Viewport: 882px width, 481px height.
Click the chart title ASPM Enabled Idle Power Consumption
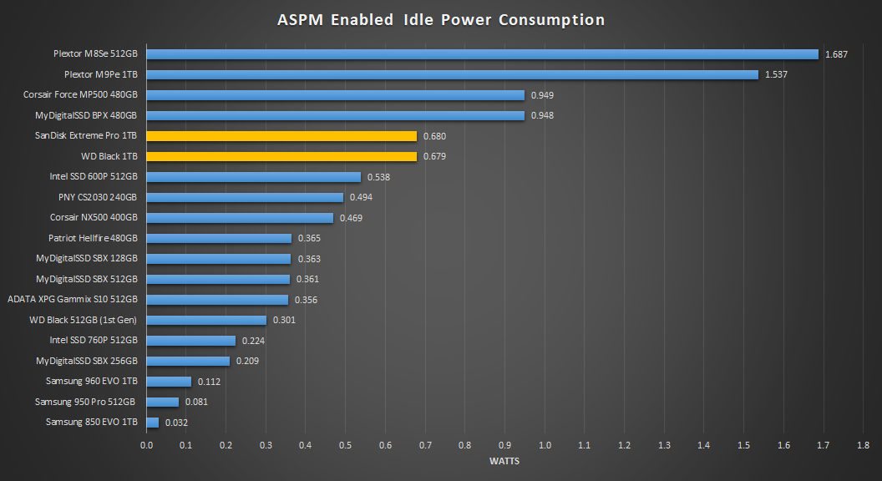click(x=441, y=20)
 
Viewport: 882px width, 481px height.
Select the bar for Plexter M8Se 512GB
click(x=482, y=54)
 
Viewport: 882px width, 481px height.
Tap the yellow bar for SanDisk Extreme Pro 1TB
click(x=281, y=136)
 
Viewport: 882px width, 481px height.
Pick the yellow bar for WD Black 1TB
click(x=281, y=156)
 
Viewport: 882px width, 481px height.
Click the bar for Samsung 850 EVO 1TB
click(x=153, y=423)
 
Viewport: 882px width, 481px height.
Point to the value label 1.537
click(x=776, y=74)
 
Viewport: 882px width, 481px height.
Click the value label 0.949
click(x=542, y=95)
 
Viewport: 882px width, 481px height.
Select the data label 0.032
click(x=176, y=423)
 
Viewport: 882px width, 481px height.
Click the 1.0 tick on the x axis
click(x=545, y=445)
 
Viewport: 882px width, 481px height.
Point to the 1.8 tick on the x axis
click(x=863, y=445)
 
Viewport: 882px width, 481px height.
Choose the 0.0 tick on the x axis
click(x=147, y=445)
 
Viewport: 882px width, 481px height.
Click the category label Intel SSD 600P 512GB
click(x=94, y=177)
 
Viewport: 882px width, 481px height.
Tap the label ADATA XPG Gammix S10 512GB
click(x=73, y=300)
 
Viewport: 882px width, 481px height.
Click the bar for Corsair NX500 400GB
click(x=240, y=218)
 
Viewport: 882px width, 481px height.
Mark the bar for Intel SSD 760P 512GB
click(x=191, y=341)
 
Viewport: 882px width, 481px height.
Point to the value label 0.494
click(x=361, y=197)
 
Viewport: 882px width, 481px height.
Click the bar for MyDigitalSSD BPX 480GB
click(x=335, y=115)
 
